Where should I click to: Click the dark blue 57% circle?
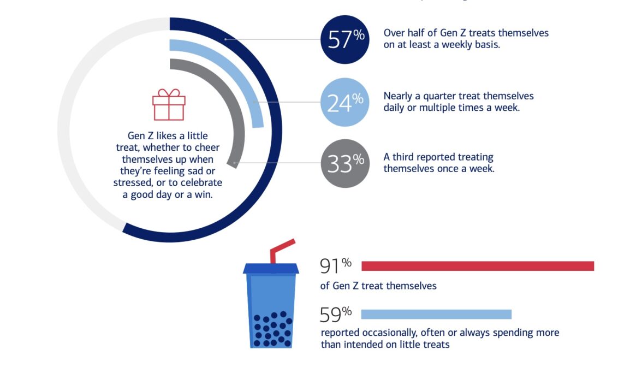point(344,40)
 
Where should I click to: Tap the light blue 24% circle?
point(344,102)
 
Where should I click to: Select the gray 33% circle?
point(344,163)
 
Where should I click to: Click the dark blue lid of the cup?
point(271,268)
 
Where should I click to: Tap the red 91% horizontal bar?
point(477,266)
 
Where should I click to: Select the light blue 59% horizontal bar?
point(436,314)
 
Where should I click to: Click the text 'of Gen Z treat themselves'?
point(378,286)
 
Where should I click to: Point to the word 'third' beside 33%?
point(403,157)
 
